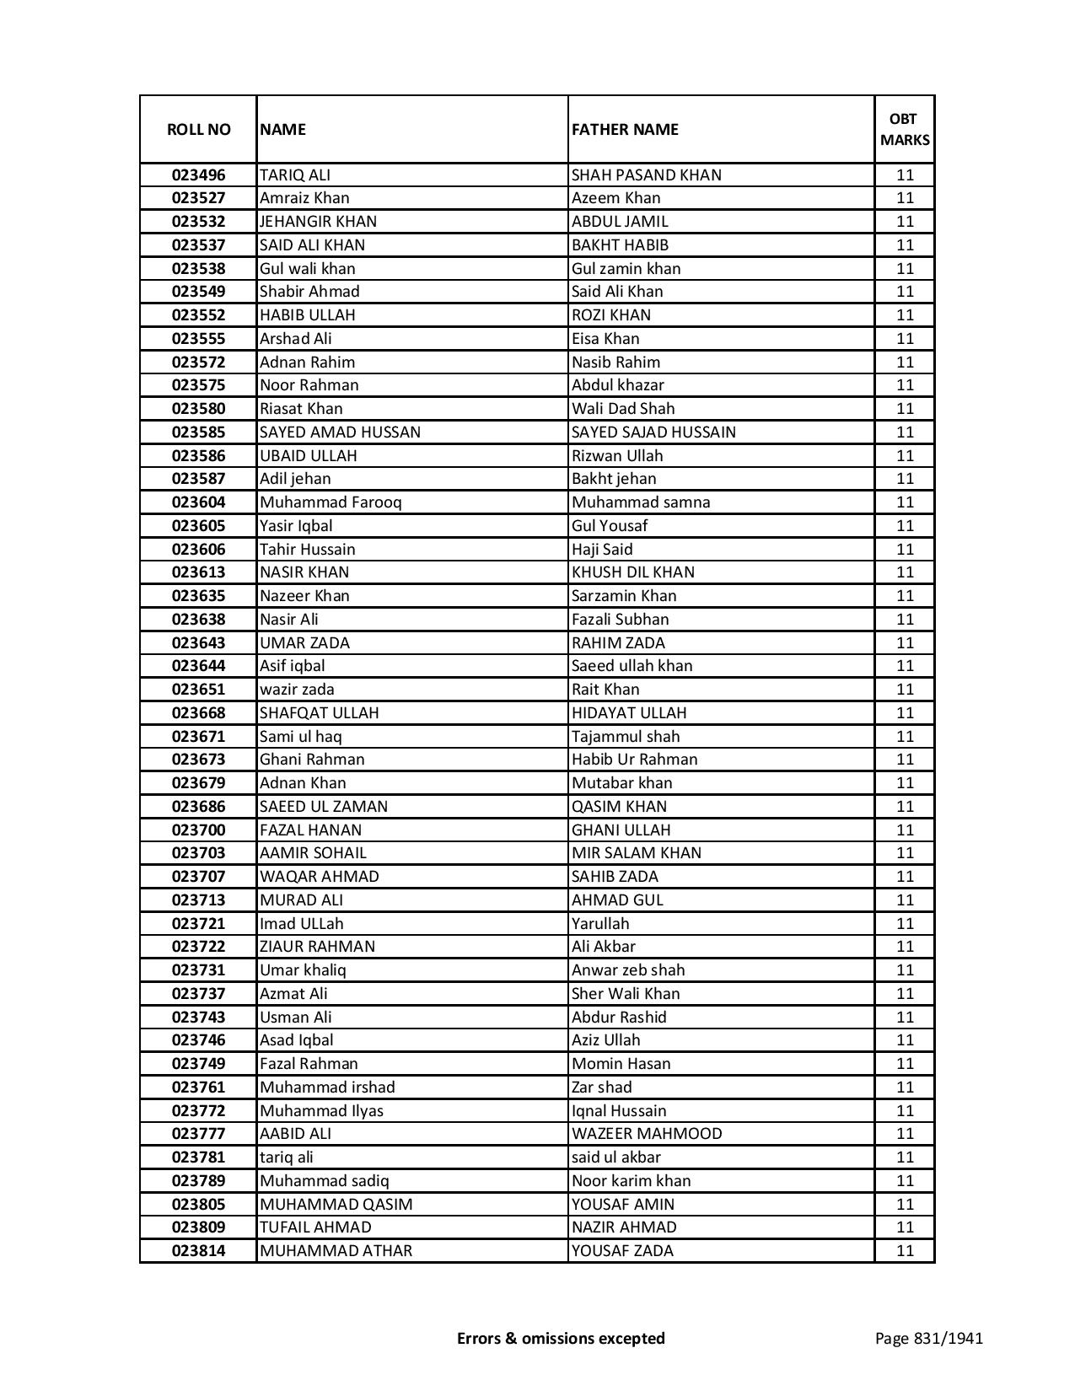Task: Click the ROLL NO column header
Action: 198,130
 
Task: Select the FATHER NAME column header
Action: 625,130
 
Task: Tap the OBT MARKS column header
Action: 905,130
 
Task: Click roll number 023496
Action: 198,175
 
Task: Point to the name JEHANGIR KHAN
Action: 318,222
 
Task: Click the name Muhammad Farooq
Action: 331,502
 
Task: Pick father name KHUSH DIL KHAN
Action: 633,572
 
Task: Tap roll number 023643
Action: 198,643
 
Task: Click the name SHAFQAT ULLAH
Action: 319,713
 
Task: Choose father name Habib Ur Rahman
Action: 634,760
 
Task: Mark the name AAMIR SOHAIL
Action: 313,853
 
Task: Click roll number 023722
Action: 198,947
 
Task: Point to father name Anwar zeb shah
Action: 628,970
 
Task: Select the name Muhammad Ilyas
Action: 321,1111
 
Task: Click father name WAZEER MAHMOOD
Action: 647,1134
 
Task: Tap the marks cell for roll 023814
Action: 905,1251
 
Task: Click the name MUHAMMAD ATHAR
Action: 336,1251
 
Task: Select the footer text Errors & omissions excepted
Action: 561,1338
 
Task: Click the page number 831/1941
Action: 929,1338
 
